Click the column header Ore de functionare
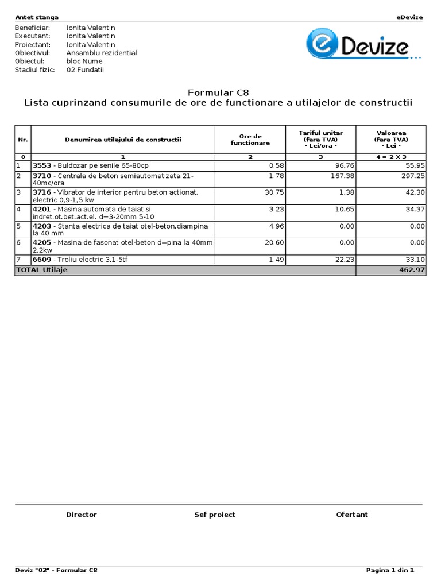click(x=250, y=140)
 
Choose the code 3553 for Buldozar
click(x=41, y=165)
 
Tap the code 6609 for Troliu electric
click(x=41, y=260)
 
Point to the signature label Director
click(x=82, y=514)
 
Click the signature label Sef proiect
click(x=215, y=514)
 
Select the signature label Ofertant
click(x=352, y=514)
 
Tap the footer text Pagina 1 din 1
click(x=390, y=570)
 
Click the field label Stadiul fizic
click(x=34, y=69)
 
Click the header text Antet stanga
click(x=36, y=17)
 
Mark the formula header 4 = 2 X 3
click(x=391, y=157)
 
